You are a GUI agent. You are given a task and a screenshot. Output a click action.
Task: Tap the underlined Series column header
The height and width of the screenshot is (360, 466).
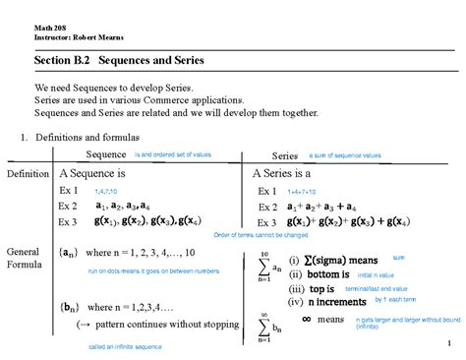pyautogui.click(x=285, y=156)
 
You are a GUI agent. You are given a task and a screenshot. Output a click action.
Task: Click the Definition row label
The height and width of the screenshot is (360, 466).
pyautogui.click(x=28, y=174)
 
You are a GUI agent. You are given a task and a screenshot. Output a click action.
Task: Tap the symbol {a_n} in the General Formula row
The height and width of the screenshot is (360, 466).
pyautogui.click(x=71, y=253)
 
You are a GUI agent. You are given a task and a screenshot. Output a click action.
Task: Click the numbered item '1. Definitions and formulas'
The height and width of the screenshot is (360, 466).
pyautogui.click(x=81, y=136)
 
